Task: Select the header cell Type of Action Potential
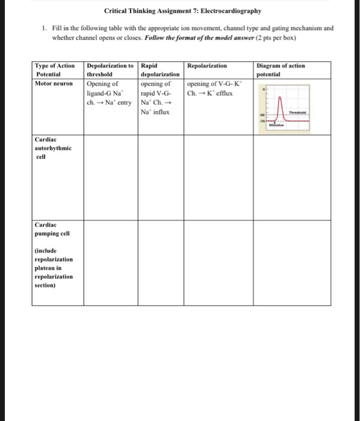pos(55,69)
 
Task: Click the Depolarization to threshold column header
pos(111,69)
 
